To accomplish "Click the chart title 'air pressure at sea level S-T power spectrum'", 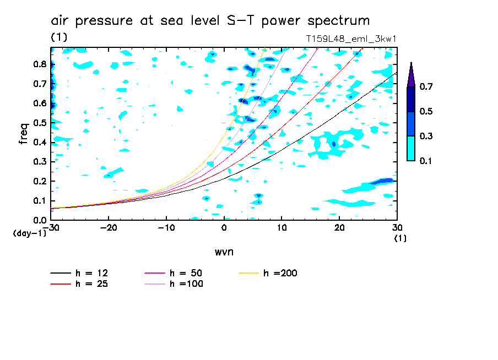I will pyautogui.click(x=210, y=21).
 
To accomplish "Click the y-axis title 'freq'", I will pyautogui.click(x=24, y=133).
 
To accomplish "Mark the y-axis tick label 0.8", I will pyautogui.click(x=40, y=64).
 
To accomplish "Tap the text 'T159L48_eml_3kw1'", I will pyautogui.click(x=351, y=39).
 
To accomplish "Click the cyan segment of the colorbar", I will pyautogui.click(x=410, y=148).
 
